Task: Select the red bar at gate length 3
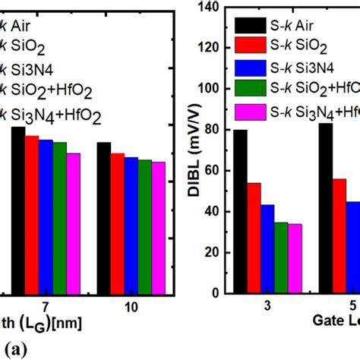point(254,238)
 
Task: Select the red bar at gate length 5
point(339,235)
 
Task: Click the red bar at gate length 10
point(118,223)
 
